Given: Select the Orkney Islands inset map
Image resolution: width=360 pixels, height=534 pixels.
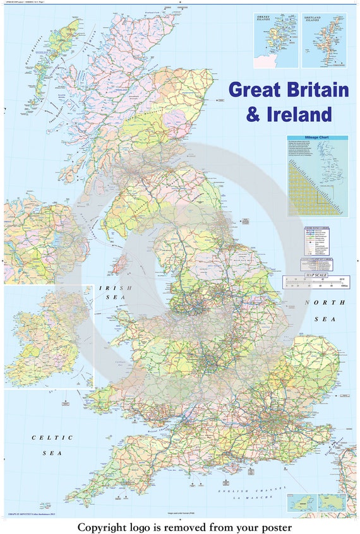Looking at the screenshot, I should point(276,40).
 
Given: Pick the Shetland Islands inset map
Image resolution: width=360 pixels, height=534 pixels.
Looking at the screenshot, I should point(323,40).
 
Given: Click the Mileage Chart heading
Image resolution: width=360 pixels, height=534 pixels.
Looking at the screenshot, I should point(318,138).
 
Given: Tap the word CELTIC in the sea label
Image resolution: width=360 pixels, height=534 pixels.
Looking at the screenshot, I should point(53,437).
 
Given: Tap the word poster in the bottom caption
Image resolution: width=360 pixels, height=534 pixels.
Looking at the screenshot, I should point(273,526).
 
